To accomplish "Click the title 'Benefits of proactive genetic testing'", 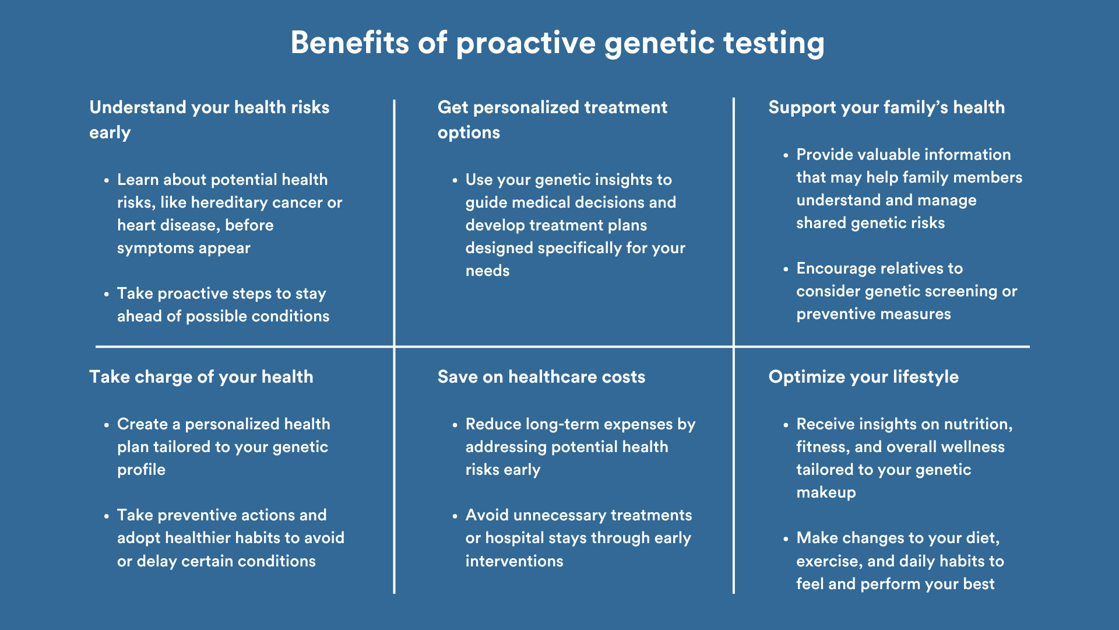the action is pos(558,43).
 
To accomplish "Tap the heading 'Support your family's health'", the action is pos(886,107).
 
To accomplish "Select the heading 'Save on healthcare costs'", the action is pos(541,377).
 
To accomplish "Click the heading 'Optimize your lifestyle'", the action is pos(864,377).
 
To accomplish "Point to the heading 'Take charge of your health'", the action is pos(201,377).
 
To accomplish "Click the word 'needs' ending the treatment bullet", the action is pos(487,271).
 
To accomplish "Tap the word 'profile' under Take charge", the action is pos(141,470).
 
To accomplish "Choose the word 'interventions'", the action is pos(515,561).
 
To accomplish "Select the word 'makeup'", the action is pos(826,492).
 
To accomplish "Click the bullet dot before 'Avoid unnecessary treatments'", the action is pos(455,516).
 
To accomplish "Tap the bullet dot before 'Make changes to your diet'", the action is pos(786,539).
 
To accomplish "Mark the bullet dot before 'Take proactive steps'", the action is pos(107,295).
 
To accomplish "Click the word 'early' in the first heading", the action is pos(110,133).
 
